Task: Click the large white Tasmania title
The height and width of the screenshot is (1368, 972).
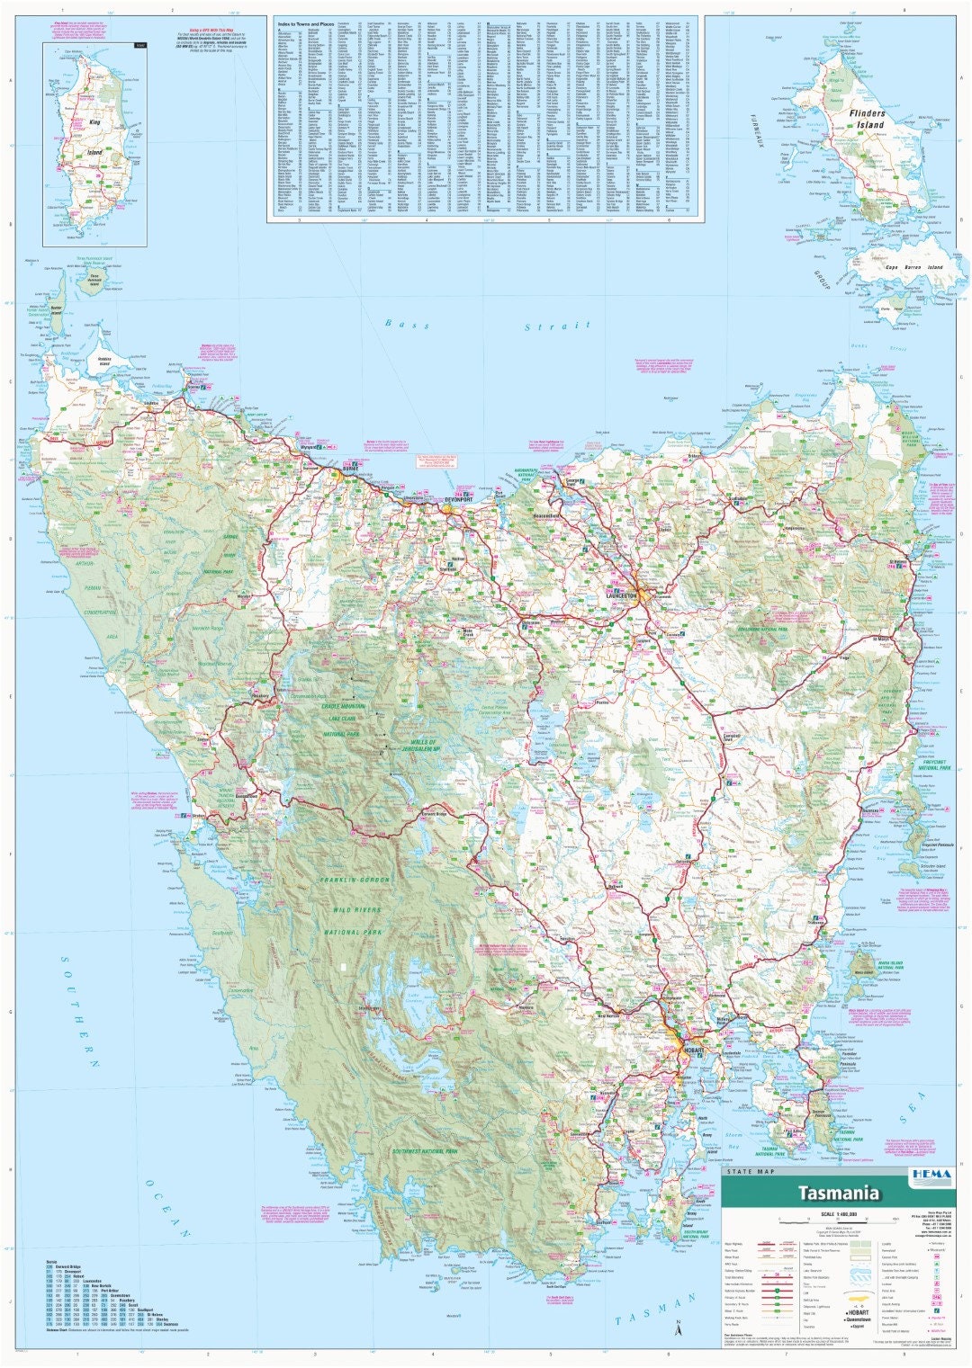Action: pos(838,1194)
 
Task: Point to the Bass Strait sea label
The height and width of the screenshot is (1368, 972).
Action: pos(486,326)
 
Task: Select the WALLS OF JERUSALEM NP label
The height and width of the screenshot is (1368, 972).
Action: pos(409,746)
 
